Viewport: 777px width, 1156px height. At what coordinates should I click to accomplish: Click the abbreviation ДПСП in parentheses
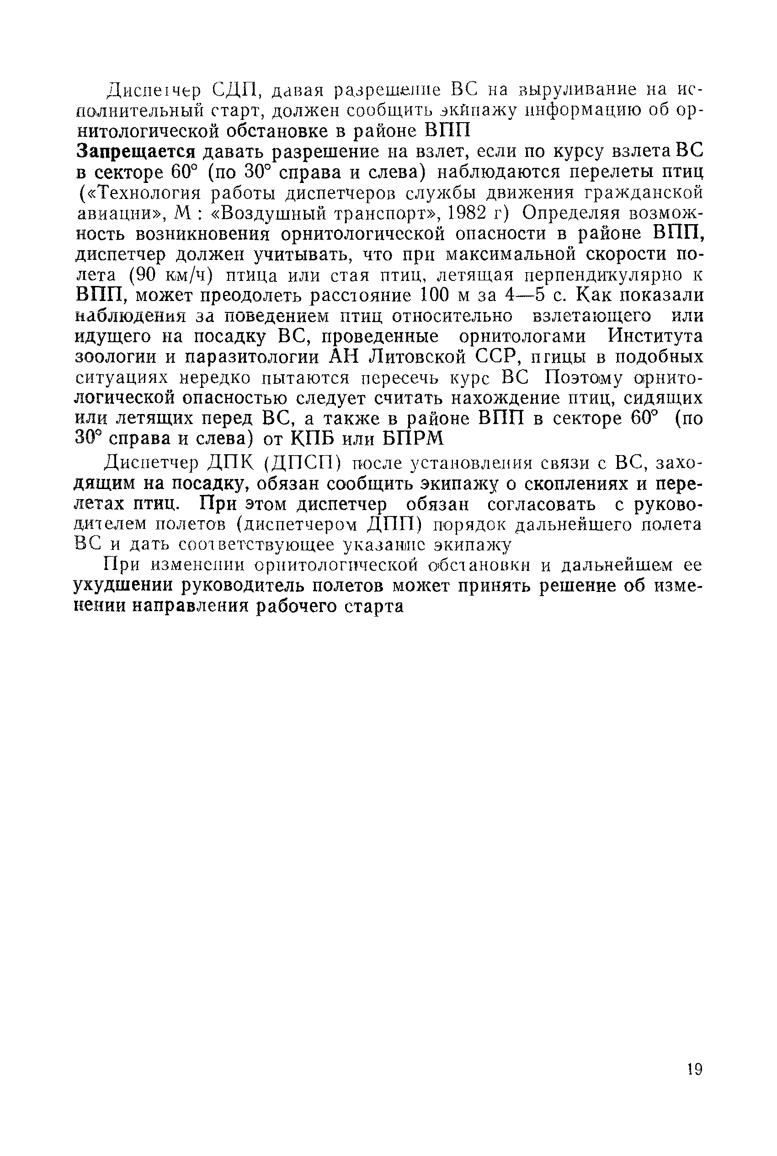tap(302, 464)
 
